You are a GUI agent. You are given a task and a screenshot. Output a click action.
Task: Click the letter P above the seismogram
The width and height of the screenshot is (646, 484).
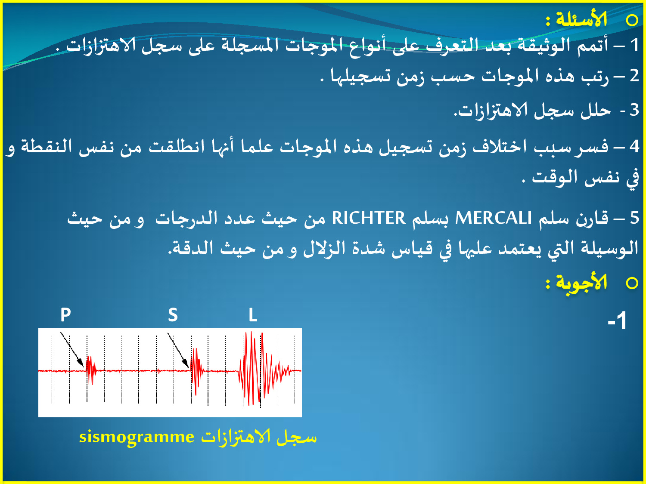tap(65, 315)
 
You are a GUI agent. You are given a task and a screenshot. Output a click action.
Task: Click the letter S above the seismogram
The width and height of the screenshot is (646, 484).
tap(173, 315)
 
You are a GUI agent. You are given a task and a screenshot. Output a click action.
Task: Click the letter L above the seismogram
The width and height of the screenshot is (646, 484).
tap(253, 315)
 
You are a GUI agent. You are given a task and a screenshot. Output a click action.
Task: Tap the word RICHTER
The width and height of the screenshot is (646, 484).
tap(369, 218)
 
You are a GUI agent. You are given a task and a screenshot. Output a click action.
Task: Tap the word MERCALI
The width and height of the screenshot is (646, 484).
tap(494, 218)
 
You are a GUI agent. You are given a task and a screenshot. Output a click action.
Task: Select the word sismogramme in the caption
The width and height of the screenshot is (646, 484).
tap(137, 437)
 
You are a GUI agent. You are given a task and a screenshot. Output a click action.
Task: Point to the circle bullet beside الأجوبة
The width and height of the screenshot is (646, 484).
tap(632, 283)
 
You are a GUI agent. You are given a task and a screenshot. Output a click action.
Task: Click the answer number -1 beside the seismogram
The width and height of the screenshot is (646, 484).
tap(617, 321)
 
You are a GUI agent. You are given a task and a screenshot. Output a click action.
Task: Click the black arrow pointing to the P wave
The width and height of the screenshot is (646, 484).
tap(72, 350)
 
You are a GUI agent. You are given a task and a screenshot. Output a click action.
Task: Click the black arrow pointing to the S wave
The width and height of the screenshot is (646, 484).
tap(178, 350)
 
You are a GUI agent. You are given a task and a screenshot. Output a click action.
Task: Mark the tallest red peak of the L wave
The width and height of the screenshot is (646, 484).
tap(251, 332)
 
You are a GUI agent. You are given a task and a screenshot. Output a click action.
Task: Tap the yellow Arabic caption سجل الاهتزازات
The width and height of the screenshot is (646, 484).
tap(259, 437)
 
